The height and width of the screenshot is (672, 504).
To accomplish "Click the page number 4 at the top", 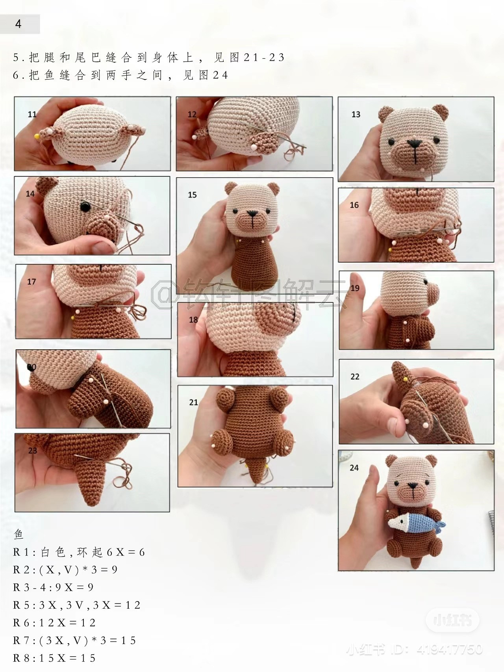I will [x=18, y=24].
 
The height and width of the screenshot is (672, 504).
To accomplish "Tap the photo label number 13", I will [x=356, y=114].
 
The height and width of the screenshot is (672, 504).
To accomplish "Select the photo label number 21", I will [x=193, y=402].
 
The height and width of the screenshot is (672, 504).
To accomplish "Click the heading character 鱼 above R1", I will [x=19, y=534].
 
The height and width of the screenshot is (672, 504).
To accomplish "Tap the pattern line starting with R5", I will [x=77, y=605].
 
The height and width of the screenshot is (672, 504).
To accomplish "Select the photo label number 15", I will [x=192, y=195].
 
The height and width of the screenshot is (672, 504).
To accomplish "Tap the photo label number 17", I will [x=31, y=282].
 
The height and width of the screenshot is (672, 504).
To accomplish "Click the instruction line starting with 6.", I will [x=120, y=75].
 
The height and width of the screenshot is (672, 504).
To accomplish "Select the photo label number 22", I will [x=355, y=376].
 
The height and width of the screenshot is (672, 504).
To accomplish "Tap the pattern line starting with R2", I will [x=65, y=570].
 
